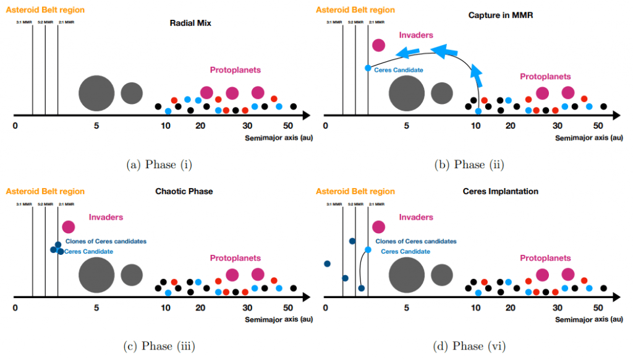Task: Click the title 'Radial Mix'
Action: click(191, 24)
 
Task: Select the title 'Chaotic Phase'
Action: click(184, 191)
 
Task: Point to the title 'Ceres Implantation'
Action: click(501, 191)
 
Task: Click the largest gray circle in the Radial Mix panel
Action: click(96, 93)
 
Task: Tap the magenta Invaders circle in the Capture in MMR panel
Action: click(378, 45)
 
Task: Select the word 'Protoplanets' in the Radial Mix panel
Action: click(235, 70)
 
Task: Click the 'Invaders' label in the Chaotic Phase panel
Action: click(106, 217)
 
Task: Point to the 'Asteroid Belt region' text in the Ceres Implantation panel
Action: click(355, 191)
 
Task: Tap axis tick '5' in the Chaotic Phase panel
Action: click(96, 307)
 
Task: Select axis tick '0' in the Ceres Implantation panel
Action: click(325, 307)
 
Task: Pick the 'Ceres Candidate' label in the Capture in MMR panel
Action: click(399, 70)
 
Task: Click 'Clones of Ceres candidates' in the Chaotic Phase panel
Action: click(106, 241)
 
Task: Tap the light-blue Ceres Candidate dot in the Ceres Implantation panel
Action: click(368, 250)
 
